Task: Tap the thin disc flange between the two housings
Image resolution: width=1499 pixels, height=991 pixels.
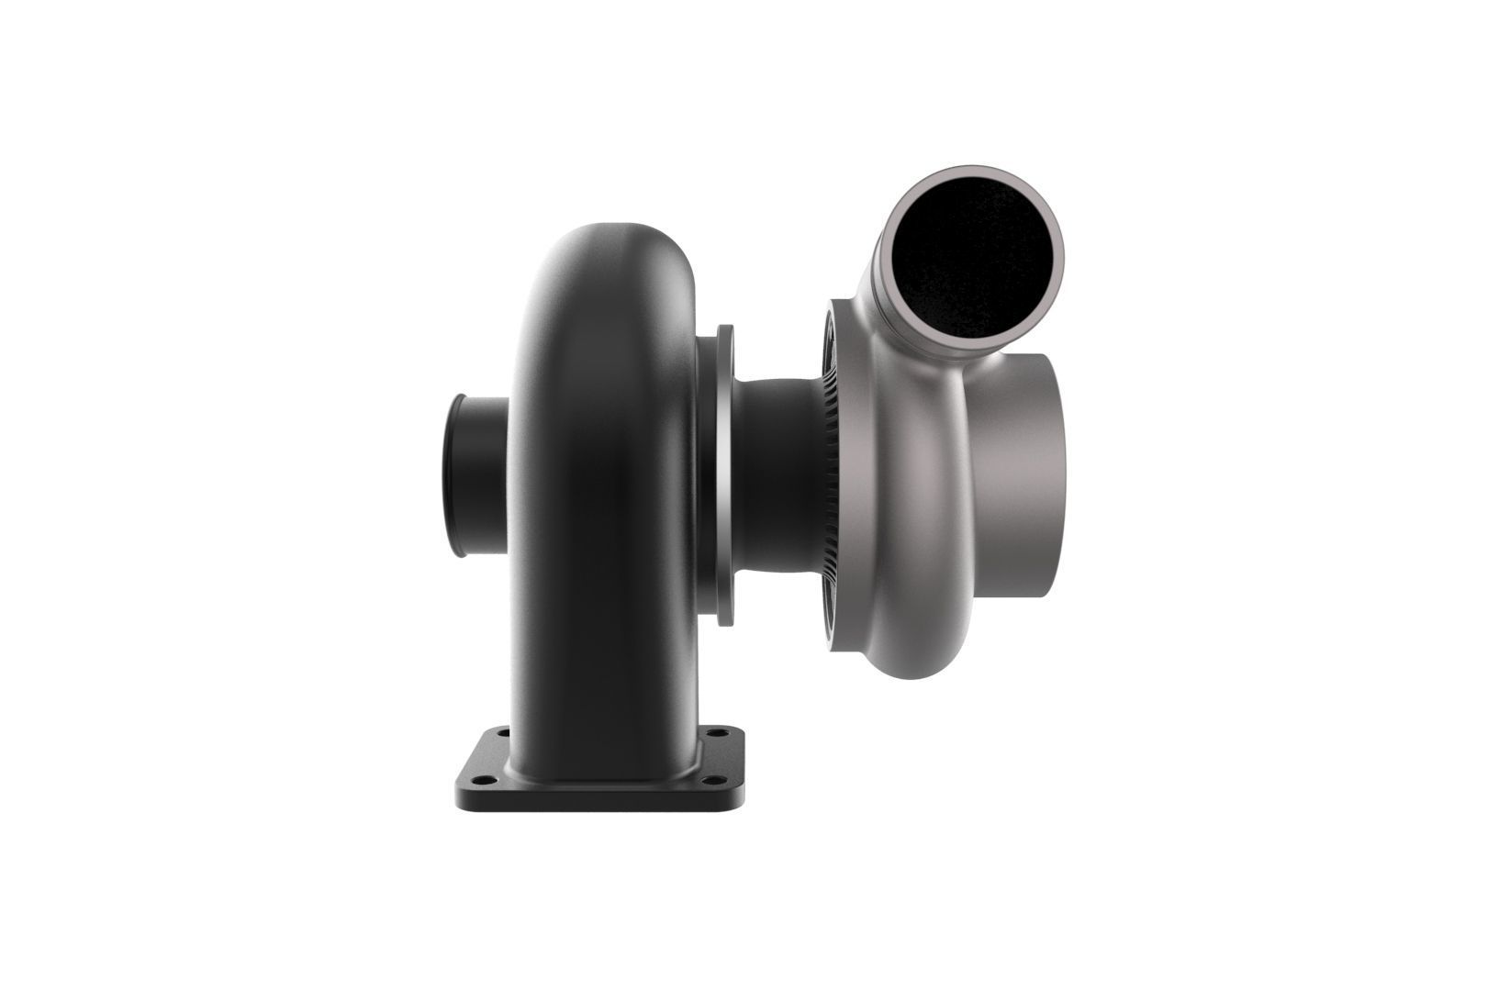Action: click(724, 473)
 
